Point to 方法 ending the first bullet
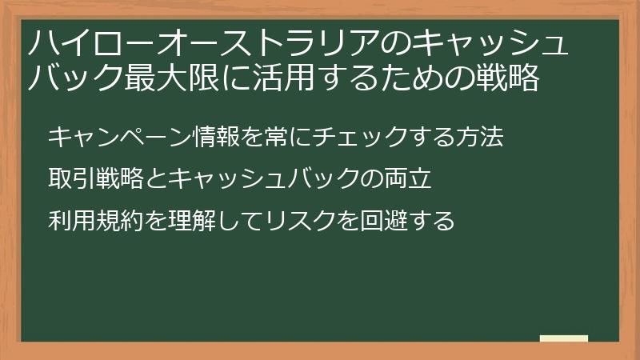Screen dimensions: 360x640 coord(480,137)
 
